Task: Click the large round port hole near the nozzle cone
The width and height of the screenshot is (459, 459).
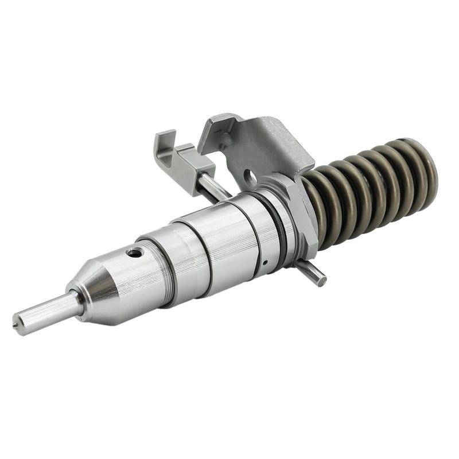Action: tap(134, 252)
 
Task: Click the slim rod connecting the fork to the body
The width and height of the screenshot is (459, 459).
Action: tap(212, 186)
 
